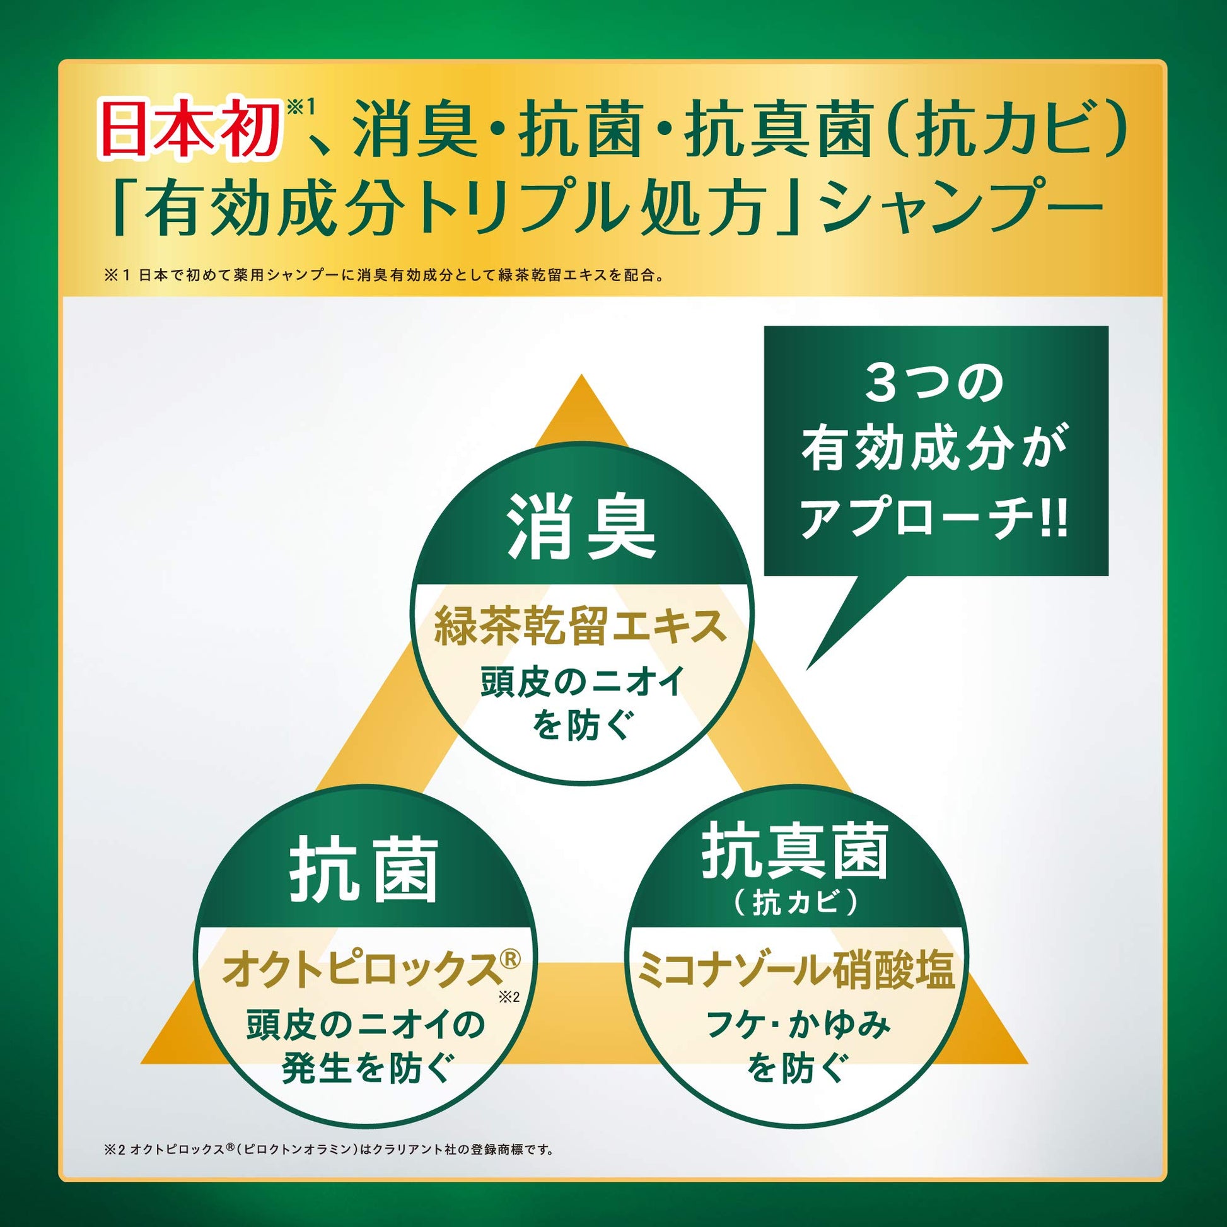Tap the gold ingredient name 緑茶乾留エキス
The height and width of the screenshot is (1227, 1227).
click(581, 626)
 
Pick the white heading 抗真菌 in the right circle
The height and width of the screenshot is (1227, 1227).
click(795, 851)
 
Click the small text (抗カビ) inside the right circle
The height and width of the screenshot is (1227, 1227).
click(795, 902)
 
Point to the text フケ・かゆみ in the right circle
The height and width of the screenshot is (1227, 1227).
click(798, 1025)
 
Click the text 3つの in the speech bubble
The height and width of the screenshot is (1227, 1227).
click(934, 383)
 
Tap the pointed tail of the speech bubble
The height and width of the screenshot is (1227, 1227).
click(807, 668)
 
